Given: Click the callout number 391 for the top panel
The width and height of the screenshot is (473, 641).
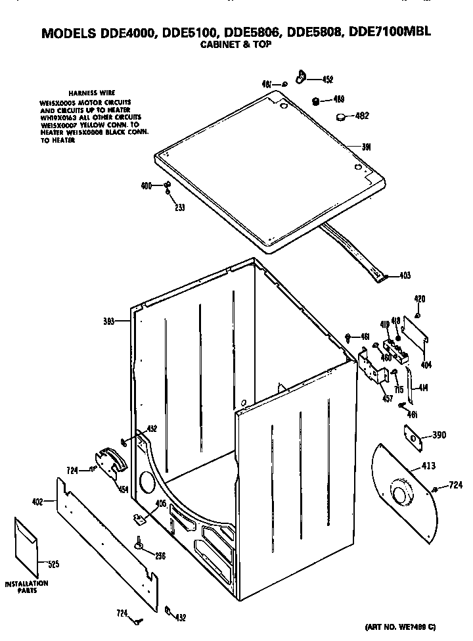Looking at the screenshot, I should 367,147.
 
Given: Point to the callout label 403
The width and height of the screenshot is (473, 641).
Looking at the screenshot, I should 405,275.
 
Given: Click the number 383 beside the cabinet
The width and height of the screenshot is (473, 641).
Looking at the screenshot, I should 109,321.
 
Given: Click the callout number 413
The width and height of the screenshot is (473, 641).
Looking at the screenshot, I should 428,466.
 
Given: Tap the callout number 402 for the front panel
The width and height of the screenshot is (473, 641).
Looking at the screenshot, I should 37,502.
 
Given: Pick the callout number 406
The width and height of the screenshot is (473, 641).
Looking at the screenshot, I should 160,504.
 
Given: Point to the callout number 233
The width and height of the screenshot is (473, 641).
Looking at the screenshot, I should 179,208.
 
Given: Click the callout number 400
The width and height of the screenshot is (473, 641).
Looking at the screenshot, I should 146,186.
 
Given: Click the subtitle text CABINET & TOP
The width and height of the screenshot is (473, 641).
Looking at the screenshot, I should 235,45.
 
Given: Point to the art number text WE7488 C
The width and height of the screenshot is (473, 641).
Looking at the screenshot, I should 402,628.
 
